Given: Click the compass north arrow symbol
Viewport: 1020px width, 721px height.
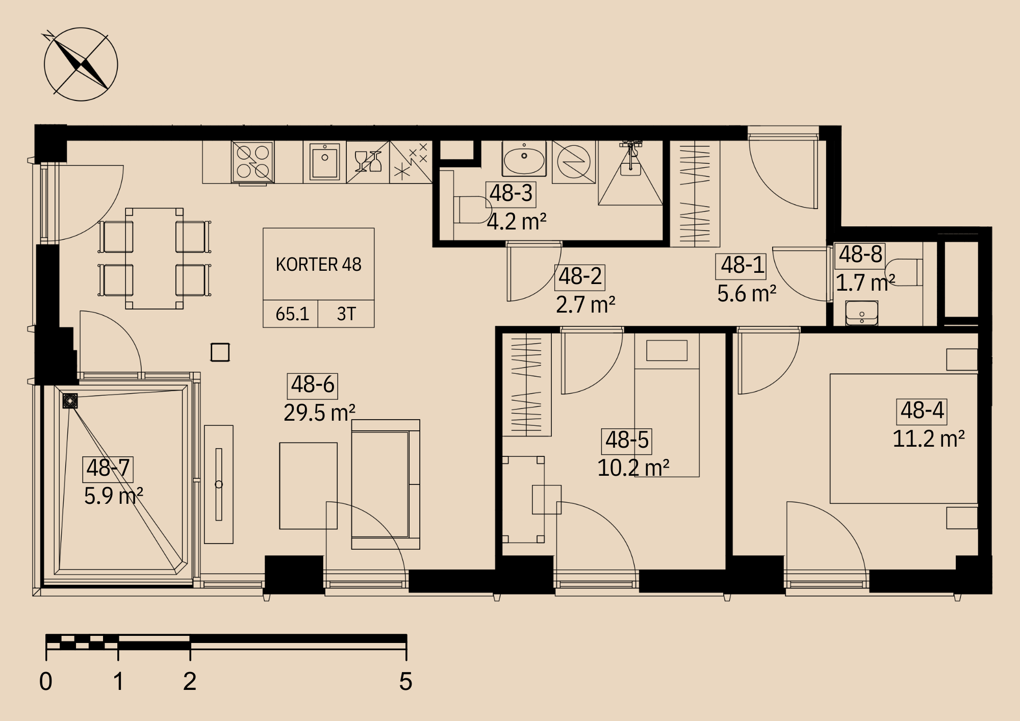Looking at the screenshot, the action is (x=81, y=64).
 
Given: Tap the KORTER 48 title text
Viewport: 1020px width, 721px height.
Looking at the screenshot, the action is (x=318, y=265).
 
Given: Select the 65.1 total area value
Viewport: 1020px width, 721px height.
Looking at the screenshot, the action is (x=292, y=314).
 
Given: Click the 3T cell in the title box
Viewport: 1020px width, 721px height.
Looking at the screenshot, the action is (x=346, y=314).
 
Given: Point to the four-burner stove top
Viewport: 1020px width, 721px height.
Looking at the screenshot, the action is (x=253, y=162).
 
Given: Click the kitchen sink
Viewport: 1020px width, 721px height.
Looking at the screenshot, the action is (x=325, y=161).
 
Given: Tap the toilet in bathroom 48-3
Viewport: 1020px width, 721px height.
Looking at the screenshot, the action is (x=472, y=210).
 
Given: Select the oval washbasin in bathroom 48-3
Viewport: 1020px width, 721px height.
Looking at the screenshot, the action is (x=524, y=159).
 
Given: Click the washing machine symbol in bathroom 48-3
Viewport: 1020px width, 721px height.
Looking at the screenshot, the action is (x=574, y=162).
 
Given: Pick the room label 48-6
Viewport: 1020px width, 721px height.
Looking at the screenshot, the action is (x=313, y=385).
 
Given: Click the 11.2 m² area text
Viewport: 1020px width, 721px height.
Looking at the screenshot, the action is (x=928, y=439).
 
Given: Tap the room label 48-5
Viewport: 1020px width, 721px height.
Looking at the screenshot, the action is (x=627, y=441).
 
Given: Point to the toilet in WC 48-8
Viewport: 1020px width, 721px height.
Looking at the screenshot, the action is (x=904, y=272).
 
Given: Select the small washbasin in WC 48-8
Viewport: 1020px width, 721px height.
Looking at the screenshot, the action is (x=862, y=313).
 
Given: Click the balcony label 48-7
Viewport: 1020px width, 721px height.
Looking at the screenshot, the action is (x=108, y=469).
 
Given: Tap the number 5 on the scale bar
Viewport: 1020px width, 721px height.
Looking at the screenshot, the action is (x=405, y=681).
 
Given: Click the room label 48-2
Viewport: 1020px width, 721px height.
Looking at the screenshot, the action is (x=580, y=277).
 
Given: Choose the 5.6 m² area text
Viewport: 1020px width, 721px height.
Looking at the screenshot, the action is (x=747, y=294).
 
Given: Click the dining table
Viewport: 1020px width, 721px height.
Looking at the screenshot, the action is (x=154, y=258).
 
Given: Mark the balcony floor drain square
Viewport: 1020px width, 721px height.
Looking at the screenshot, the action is (x=70, y=401).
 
